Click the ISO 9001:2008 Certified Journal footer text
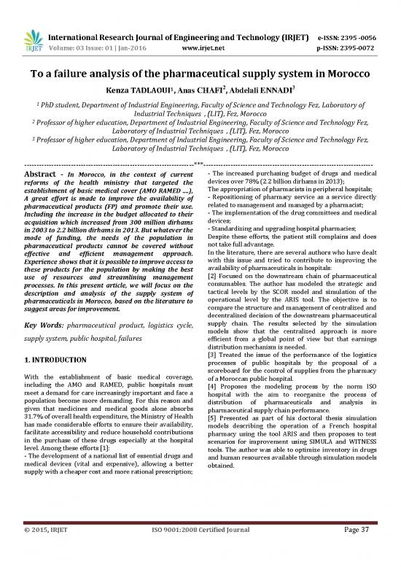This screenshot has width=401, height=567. pyautogui.click(x=200, y=548)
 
